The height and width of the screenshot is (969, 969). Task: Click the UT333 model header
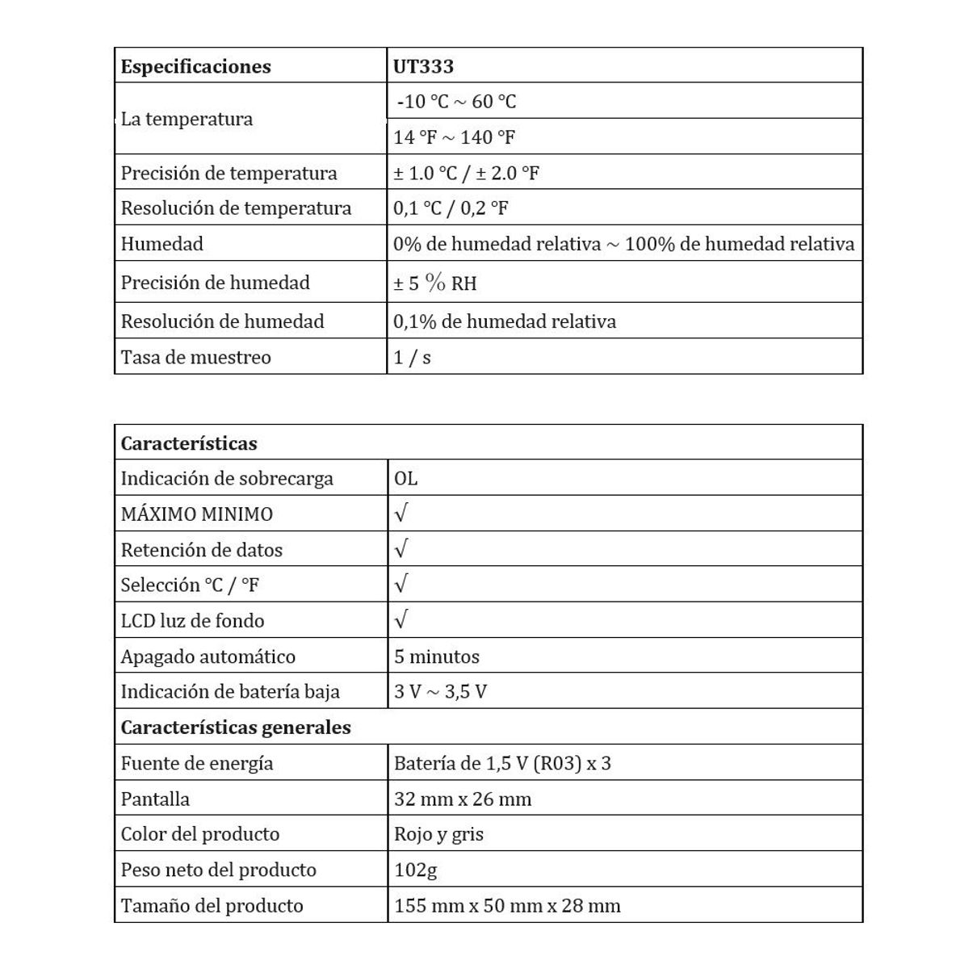coord(423,66)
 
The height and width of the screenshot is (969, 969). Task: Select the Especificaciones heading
coord(195,66)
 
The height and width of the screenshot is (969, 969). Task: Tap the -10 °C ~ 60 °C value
coord(456,102)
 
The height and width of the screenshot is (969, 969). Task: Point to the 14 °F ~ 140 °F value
coord(454,137)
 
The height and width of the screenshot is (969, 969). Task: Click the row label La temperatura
coord(187,120)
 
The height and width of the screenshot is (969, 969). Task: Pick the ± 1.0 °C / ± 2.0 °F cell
coord(466,173)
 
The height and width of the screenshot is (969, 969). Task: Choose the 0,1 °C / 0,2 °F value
coord(451,208)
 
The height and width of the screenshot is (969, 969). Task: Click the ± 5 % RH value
coord(434,283)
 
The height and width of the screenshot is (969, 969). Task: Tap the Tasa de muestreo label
coord(195,357)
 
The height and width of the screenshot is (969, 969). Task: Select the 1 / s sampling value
coord(412,357)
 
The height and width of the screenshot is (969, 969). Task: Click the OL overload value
coord(405,478)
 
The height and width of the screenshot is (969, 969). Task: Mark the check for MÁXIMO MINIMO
coord(401,513)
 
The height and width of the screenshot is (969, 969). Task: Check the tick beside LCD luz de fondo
coord(401,619)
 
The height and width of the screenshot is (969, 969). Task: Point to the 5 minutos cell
coord(436,656)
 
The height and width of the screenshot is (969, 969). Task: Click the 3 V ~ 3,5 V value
coord(440,692)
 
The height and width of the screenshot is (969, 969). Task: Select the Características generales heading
coord(236,728)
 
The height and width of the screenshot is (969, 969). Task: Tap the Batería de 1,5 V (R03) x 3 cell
coord(502,763)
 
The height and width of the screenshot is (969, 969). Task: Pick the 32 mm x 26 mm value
coord(463,799)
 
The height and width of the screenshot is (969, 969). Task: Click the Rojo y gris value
coord(438,834)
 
